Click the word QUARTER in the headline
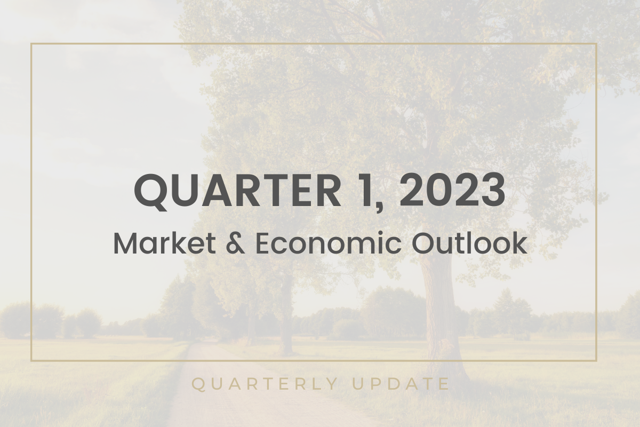[x=237, y=191]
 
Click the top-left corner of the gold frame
[x=31, y=44]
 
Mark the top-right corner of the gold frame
[x=596, y=44]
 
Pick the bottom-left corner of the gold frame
[x=31, y=361]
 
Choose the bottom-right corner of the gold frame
[x=596, y=361]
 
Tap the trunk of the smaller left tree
[x=286, y=326]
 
